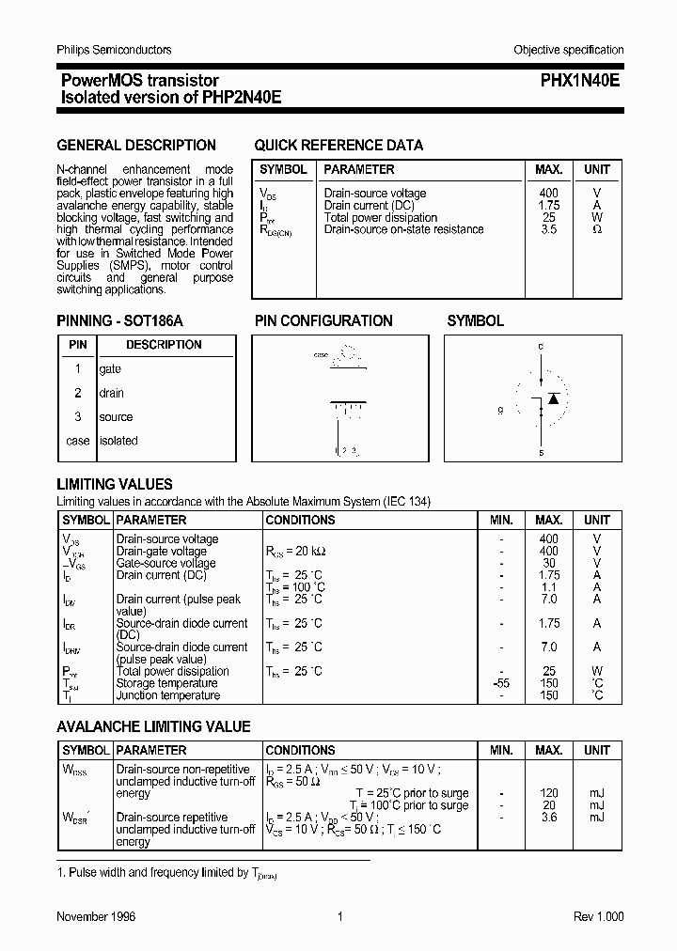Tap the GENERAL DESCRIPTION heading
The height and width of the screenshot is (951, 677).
(x=136, y=146)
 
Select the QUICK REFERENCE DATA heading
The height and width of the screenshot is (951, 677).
(x=338, y=146)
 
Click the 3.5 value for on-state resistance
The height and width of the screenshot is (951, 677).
(x=548, y=229)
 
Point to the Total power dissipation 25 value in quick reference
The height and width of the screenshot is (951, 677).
(x=548, y=217)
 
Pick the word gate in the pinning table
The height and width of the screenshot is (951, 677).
(x=110, y=369)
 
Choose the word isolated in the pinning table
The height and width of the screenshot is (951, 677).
(x=118, y=441)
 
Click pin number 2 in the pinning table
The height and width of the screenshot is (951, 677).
(x=78, y=394)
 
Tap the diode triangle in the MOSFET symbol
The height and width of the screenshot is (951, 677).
(x=554, y=399)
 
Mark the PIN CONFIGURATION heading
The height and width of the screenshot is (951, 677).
(x=323, y=321)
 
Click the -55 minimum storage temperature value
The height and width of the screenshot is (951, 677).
(x=501, y=683)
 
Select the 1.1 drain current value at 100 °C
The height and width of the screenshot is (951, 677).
(x=549, y=587)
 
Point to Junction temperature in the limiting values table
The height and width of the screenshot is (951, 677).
(x=167, y=695)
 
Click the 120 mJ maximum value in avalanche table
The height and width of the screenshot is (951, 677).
(x=549, y=793)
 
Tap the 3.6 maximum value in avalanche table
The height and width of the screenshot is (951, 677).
(x=549, y=818)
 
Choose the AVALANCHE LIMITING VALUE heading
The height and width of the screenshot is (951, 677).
(x=153, y=726)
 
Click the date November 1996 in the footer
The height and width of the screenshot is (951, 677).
(x=96, y=917)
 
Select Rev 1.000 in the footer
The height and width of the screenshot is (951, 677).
(x=598, y=917)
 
